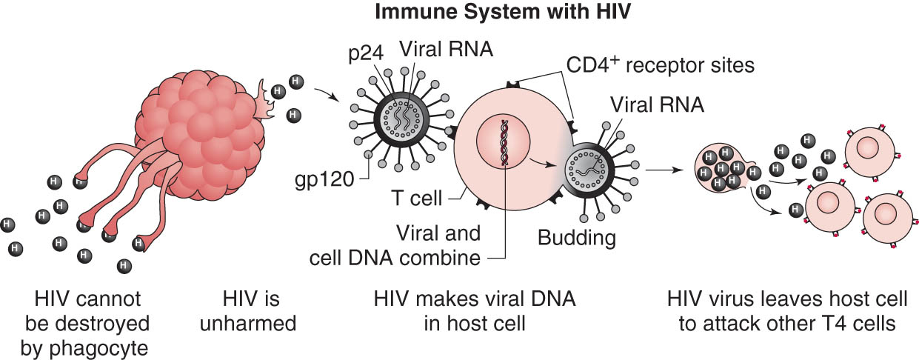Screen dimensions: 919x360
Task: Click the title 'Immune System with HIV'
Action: point(502,12)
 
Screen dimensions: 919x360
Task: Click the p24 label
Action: point(366,54)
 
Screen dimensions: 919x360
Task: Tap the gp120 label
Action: point(324,180)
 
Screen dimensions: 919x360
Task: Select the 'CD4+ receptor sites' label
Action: point(660,65)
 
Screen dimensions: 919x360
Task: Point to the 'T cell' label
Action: point(417,198)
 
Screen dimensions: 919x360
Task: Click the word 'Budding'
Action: point(576,237)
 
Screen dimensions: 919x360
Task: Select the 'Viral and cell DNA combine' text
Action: point(395,245)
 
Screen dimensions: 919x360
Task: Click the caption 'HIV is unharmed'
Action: point(248,311)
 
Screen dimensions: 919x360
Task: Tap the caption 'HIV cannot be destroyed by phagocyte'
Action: point(87,323)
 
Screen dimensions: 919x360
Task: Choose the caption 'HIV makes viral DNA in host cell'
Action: point(475,311)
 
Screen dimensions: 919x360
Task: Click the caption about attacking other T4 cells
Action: point(787,311)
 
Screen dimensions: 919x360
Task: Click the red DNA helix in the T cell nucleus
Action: point(504,142)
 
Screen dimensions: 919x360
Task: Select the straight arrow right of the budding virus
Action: point(665,170)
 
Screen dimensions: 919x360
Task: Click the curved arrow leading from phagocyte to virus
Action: point(327,93)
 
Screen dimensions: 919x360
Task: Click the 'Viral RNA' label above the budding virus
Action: point(657,104)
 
